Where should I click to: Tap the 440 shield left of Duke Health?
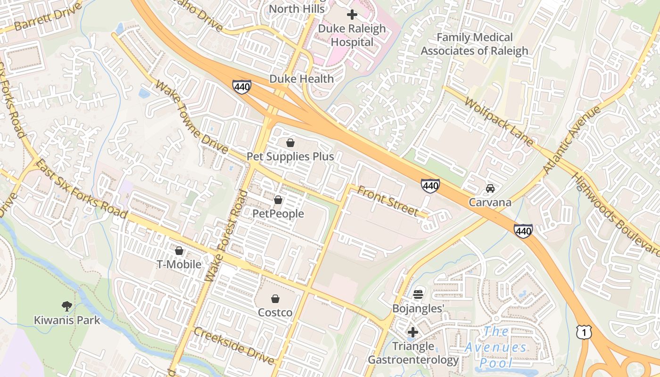241,87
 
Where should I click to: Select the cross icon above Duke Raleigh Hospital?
352,15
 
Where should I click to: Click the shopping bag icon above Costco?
275,298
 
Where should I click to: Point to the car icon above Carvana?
490,188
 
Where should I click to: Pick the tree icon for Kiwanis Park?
67,306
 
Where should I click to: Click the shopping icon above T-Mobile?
179,251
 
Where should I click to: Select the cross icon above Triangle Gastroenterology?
413,332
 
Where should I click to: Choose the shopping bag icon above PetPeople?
278,200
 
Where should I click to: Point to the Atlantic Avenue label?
571,139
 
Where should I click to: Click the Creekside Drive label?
234,346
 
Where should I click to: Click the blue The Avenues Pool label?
496,347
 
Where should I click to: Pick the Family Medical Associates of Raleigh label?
475,44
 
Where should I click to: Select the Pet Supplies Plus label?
290,156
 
